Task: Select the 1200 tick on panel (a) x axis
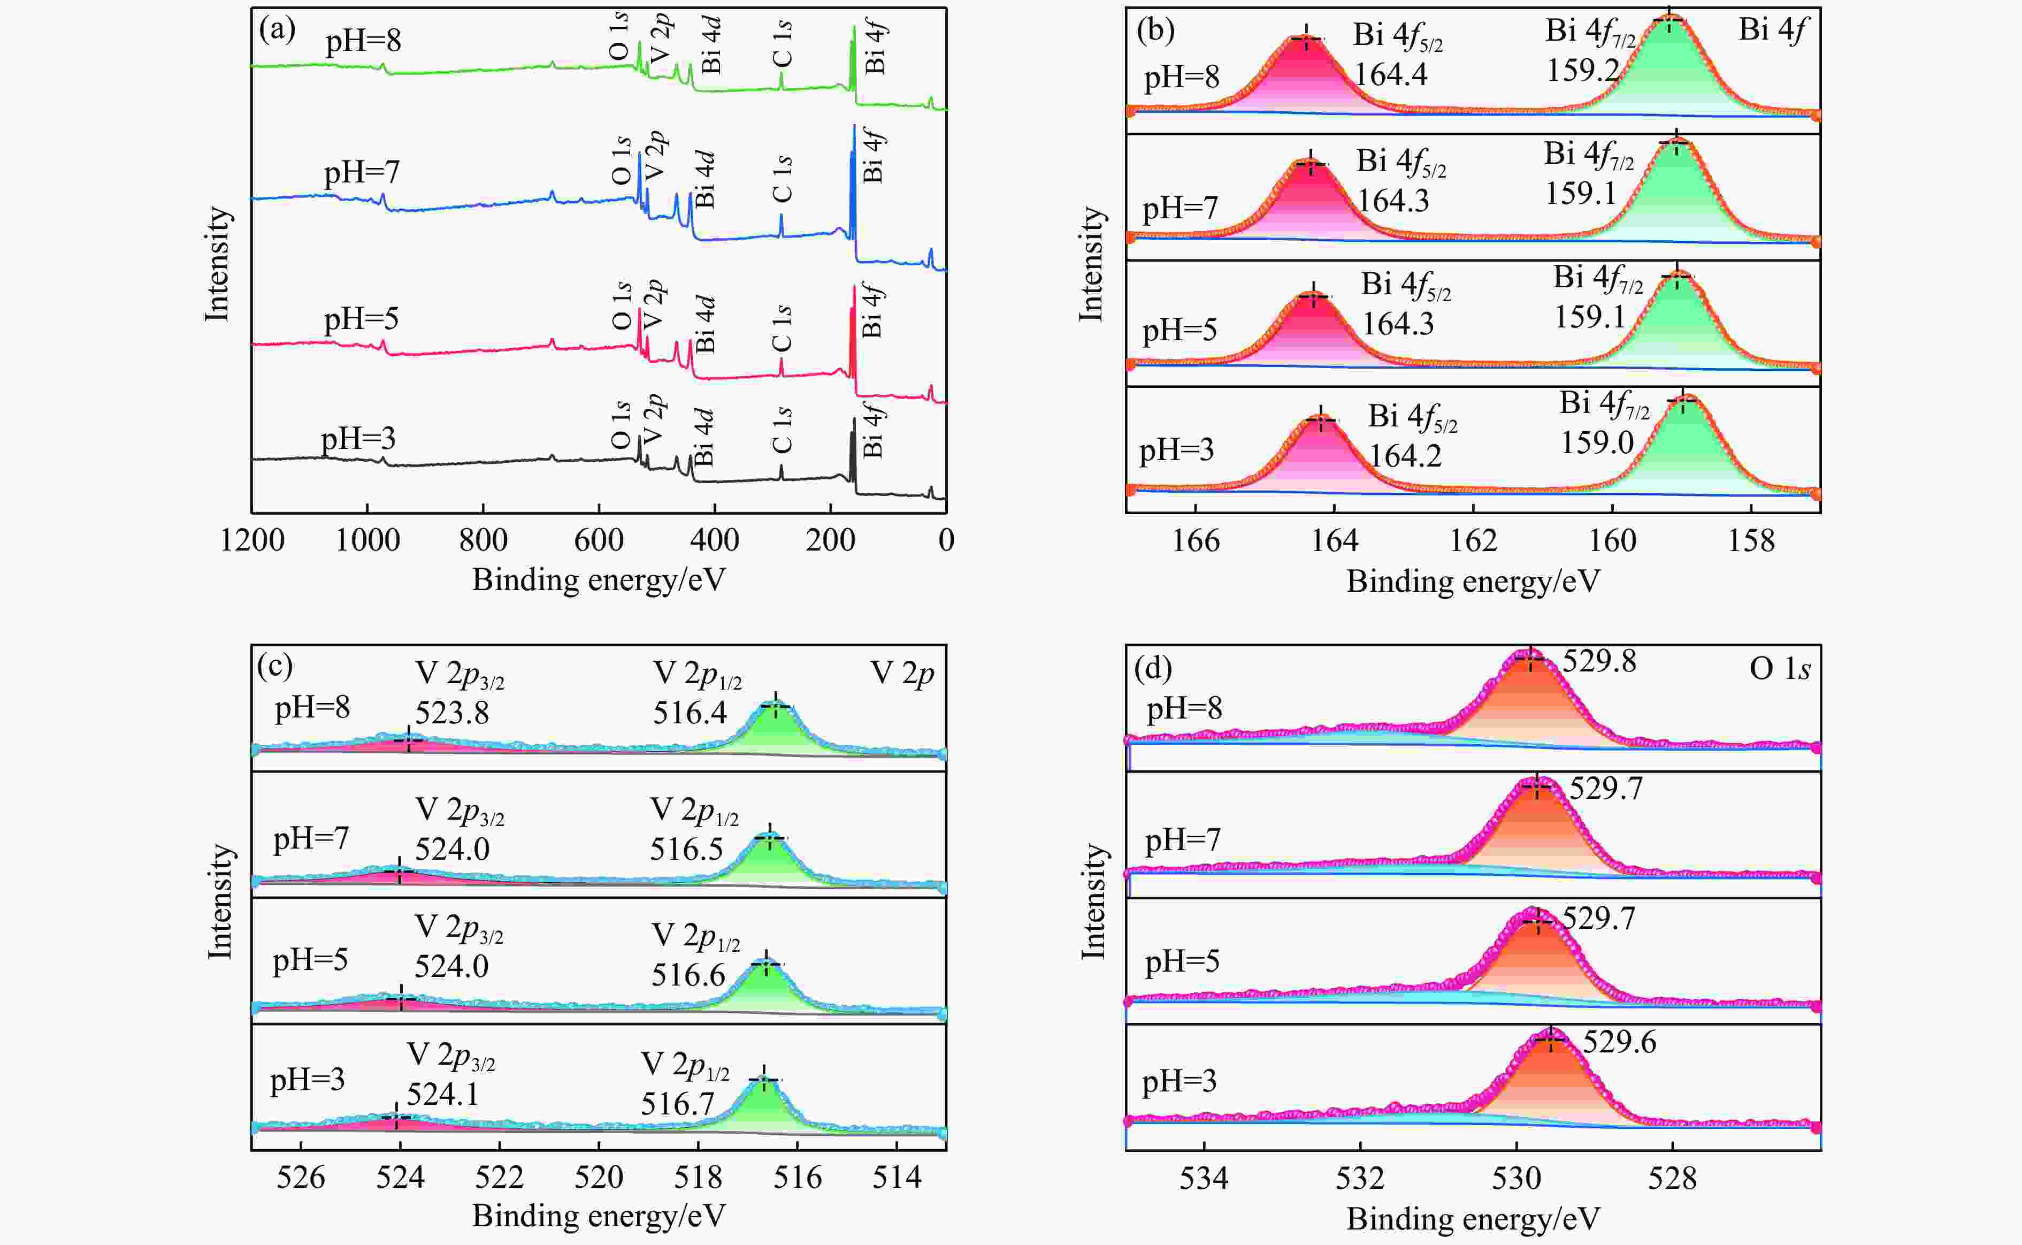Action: click(x=252, y=540)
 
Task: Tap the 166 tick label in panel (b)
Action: click(x=1196, y=541)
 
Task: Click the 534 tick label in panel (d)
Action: click(x=1204, y=1178)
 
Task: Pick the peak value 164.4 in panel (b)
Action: click(x=1391, y=74)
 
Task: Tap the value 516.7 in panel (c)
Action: click(x=678, y=1103)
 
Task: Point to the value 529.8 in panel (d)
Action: click(x=1599, y=661)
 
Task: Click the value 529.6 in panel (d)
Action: click(x=1619, y=1042)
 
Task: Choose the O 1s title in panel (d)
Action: click(x=1779, y=669)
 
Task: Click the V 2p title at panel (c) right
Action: click(x=902, y=674)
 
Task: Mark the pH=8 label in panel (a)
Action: click(x=363, y=40)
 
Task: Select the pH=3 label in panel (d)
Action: click(x=1179, y=1081)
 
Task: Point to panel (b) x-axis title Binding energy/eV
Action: click(x=1473, y=582)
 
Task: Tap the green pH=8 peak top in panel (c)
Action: click(x=775, y=706)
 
